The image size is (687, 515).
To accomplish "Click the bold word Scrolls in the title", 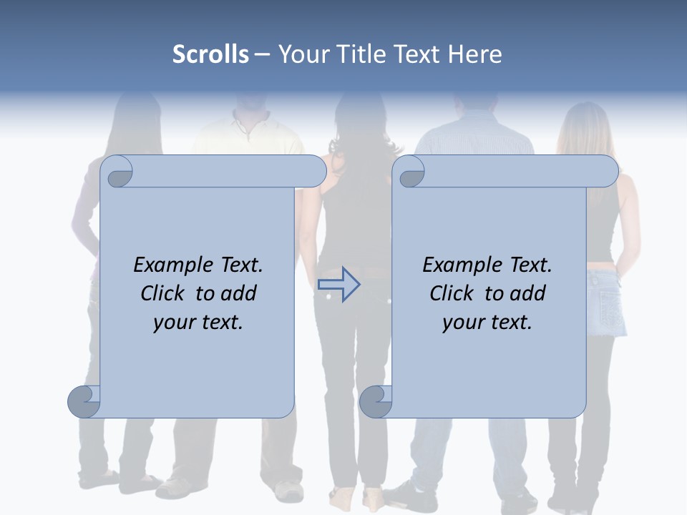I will (x=210, y=54).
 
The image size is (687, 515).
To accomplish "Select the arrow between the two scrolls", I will (x=338, y=285).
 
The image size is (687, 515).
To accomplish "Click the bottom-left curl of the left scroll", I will (x=84, y=401).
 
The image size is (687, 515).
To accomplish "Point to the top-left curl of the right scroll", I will (x=410, y=172).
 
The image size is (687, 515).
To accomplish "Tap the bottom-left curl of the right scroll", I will (x=375, y=401).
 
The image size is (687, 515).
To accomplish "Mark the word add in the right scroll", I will (x=529, y=293).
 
